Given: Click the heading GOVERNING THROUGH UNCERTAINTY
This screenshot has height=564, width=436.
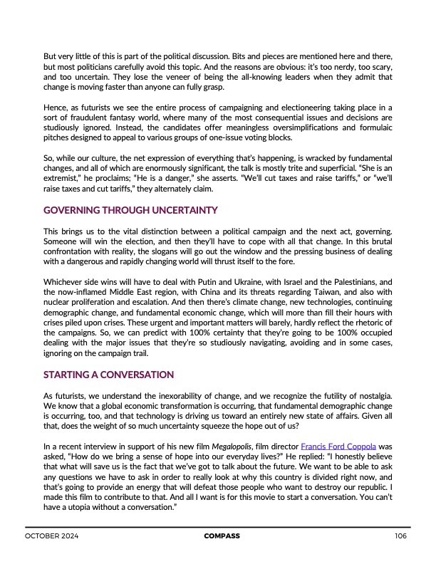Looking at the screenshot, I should (x=130, y=211).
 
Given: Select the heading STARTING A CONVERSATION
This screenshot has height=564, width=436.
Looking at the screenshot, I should (x=108, y=375).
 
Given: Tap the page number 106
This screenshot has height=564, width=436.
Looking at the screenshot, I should (x=400, y=536).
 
